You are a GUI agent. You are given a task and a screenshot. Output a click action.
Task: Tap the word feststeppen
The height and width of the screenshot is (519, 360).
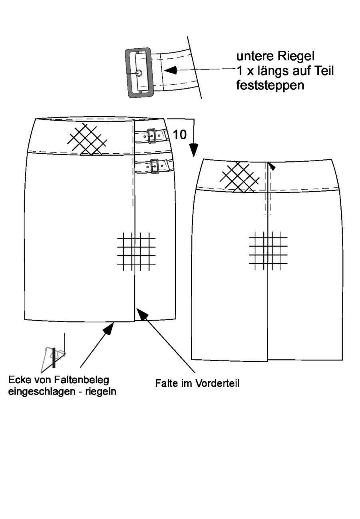click(270, 85)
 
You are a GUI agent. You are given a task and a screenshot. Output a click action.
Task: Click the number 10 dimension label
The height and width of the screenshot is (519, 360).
click(179, 135)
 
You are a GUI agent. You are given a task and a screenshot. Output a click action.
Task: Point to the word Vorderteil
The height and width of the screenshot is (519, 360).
click(217, 383)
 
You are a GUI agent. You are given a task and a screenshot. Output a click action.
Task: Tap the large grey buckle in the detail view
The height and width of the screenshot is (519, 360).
click(138, 73)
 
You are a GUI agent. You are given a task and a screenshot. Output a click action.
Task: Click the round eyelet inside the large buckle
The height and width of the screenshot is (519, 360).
click(139, 73)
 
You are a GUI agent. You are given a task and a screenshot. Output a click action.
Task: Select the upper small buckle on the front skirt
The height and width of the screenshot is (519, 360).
click(151, 136)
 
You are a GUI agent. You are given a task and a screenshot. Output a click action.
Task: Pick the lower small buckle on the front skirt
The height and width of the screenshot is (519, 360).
click(154, 166)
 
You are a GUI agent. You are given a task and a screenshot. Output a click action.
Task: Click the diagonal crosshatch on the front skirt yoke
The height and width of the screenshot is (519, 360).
click(87, 139)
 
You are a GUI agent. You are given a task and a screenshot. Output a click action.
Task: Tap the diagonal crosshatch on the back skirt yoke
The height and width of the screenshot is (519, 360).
click(240, 177)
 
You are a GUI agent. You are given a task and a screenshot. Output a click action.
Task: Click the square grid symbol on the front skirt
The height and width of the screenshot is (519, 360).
click(136, 251)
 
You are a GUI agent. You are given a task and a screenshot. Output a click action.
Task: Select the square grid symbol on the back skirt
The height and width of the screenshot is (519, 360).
click(268, 251)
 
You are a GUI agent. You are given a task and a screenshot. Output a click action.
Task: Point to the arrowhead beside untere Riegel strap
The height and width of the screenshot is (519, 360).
click(171, 70)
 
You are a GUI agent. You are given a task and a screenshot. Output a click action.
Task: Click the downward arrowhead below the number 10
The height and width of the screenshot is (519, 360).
click(194, 150)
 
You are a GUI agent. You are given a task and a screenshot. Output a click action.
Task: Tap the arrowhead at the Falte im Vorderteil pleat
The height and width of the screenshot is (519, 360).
click(142, 313)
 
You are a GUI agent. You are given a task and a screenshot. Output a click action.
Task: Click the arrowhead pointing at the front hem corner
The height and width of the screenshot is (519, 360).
click(109, 329)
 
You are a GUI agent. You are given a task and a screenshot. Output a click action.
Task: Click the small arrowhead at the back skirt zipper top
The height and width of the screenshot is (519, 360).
click(272, 166)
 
